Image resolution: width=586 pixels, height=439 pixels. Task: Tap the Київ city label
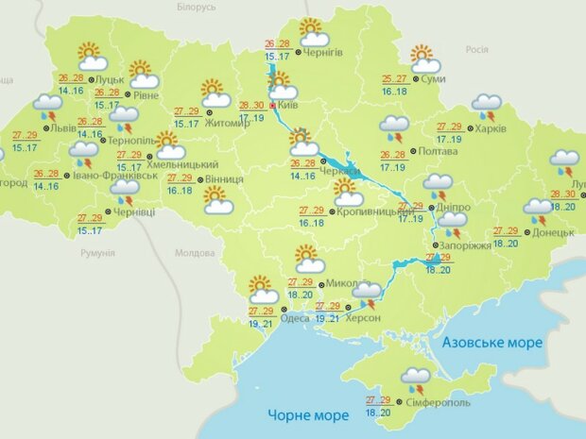[x=289, y=106]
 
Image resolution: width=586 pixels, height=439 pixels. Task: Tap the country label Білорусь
[x=197, y=7]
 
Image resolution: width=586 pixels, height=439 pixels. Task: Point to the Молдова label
[x=196, y=253]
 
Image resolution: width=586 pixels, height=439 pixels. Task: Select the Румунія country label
[x=96, y=253]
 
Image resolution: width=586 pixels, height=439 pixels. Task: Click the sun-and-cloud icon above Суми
[x=424, y=59]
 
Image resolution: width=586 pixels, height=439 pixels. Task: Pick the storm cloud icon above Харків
[x=486, y=106]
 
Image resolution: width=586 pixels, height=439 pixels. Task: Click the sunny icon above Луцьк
[x=91, y=55]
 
